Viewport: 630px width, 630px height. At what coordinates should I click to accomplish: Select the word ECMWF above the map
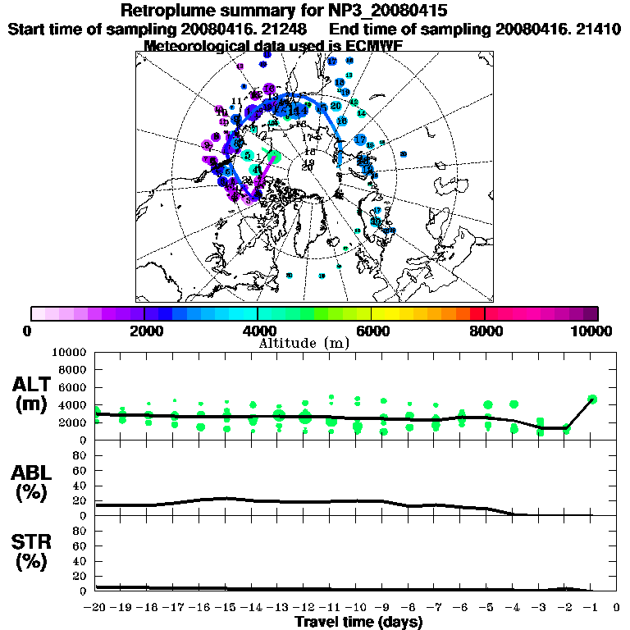click(373, 46)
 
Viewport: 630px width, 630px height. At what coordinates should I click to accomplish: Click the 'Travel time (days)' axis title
click(358, 622)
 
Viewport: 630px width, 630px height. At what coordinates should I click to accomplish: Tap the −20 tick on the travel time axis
click(96, 608)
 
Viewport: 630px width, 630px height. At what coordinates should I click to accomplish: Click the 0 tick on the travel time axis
click(616, 608)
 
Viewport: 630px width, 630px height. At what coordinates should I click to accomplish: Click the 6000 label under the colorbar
click(371, 331)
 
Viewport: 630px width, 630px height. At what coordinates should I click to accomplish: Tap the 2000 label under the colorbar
click(144, 331)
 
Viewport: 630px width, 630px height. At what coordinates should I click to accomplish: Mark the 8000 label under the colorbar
click(485, 331)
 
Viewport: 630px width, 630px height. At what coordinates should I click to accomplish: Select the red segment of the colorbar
click(477, 313)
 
